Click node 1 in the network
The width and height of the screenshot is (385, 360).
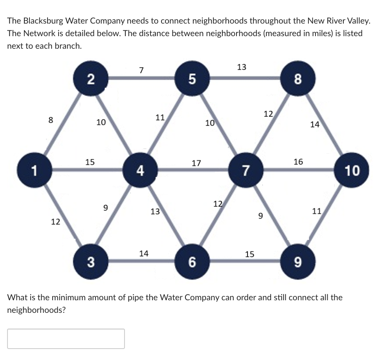35,171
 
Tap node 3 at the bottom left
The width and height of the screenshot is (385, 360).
90,262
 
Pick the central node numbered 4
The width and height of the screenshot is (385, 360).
140,171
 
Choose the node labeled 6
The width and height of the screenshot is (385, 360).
192,262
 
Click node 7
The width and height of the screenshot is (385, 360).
246,171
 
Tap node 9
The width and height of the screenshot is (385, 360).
297,262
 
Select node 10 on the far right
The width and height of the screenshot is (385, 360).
352,171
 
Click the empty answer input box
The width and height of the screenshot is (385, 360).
66,338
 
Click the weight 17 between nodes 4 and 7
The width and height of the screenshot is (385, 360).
196,163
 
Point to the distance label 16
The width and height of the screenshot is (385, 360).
298,162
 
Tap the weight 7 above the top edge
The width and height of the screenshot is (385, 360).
141,70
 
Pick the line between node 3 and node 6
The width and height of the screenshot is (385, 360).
141,261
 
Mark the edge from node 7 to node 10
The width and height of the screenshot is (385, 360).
299,170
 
